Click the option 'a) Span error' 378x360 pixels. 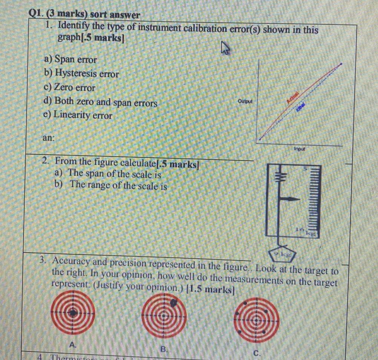pyautogui.click(x=70, y=60)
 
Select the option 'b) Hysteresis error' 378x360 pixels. pyautogui.click(x=81, y=74)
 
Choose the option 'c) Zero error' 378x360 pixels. pyautogui.click(x=70, y=88)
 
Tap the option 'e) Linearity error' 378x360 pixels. pyautogui.click(x=78, y=115)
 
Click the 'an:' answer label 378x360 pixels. pyautogui.click(x=48, y=138)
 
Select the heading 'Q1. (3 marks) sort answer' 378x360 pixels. pyautogui.click(x=84, y=15)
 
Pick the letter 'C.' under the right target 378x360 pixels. pyautogui.click(x=256, y=353)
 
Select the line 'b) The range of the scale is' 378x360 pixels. pyautogui.click(x=111, y=185)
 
